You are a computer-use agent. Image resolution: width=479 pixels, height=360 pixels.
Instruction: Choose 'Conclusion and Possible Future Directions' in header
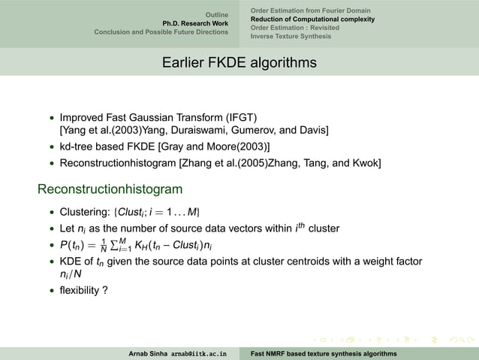[161, 32]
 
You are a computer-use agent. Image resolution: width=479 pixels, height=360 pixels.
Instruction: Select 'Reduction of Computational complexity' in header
[312, 19]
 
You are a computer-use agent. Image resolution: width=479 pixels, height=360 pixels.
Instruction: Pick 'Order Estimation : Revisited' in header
[294, 27]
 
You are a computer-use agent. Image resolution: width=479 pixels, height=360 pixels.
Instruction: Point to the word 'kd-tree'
[77, 146]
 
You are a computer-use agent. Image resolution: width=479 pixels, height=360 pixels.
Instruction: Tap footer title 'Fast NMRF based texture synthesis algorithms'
[324, 352]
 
